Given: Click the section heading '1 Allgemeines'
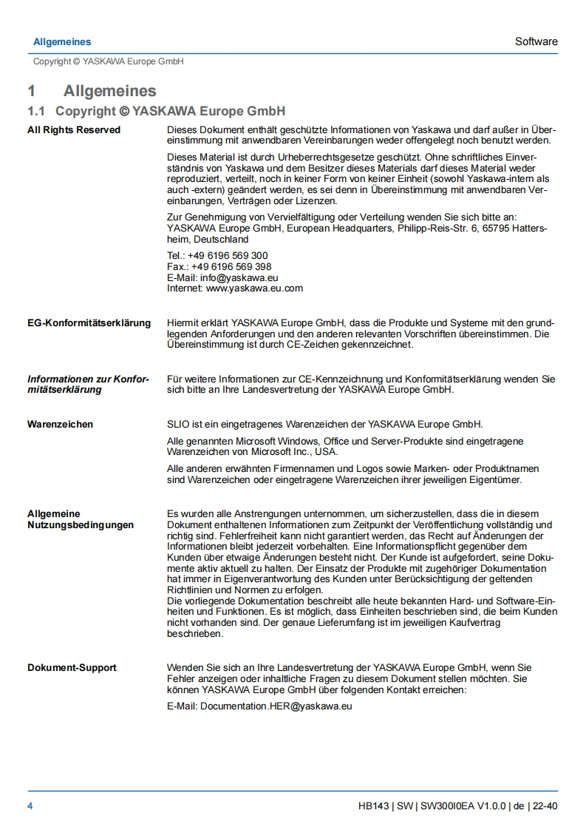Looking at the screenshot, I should (x=92, y=91).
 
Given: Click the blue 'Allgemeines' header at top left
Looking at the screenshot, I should (x=62, y=41).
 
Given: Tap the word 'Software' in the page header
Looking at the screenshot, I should (x=536, y=41).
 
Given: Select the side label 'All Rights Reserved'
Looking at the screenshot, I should (x=74, y=130).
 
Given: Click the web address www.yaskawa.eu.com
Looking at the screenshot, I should (x=254, y=289).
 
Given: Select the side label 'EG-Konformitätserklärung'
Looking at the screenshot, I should (x=89, y=323).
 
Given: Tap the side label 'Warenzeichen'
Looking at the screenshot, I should (x=61, y=425).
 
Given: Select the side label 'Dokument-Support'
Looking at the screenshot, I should (x=72, y=668).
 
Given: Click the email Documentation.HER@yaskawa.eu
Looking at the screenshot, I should (x=276, y=706).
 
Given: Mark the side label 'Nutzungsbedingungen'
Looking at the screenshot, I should (x=81, y=525).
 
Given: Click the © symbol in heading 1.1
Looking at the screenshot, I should (x=123, y=112).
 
